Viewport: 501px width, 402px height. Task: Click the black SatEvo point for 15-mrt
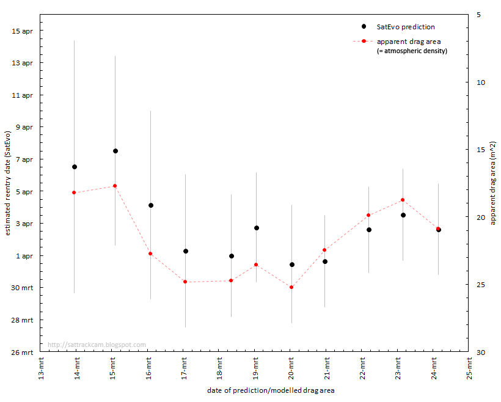click(x=115, y=151)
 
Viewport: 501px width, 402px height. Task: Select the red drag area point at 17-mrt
click(x=185, y=282)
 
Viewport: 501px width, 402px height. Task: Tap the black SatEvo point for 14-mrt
click(x=75, y=167)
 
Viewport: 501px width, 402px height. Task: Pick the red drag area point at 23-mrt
click(x=403, y=200)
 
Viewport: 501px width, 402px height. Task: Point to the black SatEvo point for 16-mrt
click(x=151, y=205)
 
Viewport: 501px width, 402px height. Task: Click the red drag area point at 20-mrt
click(x=291, y=287)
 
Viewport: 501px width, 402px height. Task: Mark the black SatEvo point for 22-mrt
click(x=369, y=230)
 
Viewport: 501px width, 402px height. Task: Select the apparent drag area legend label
click(x=409, y=42)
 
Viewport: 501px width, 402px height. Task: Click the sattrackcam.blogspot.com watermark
click(x=97, y=345)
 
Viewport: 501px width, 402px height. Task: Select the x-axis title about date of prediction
click(x=271, y=390)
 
